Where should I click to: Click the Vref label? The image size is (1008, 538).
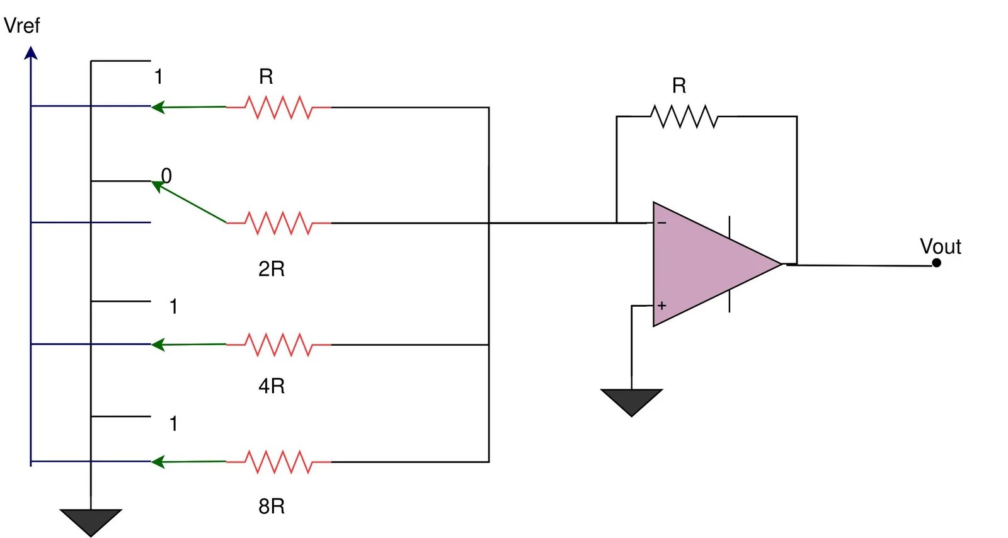click(x=21, y=26)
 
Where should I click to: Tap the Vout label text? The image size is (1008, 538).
click(x=940, y=246)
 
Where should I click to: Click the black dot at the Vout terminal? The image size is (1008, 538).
click(x=936, y=263)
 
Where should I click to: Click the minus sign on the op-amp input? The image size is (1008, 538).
click(x=662, y=223)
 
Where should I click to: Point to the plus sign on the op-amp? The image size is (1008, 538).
click(x=661, y=306)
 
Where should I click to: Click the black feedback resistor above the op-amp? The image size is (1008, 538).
click(x=684, y=117)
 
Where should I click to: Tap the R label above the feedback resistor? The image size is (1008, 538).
click(x=679, y=86)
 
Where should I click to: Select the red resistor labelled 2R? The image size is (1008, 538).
click(x=278, y=223)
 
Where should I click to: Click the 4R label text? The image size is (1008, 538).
click(x=272, y=386)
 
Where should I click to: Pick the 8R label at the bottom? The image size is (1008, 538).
click(x=272, y=506)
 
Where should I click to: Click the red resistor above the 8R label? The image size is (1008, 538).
click(x=278, y=462)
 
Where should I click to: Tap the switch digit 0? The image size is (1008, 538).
click(x=166, y=176)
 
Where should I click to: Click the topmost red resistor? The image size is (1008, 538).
click(x=278, y=108)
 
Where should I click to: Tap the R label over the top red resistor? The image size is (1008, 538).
click(x=266, y=77)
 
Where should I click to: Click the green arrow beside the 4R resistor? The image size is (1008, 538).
click(x=188, y=345)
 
